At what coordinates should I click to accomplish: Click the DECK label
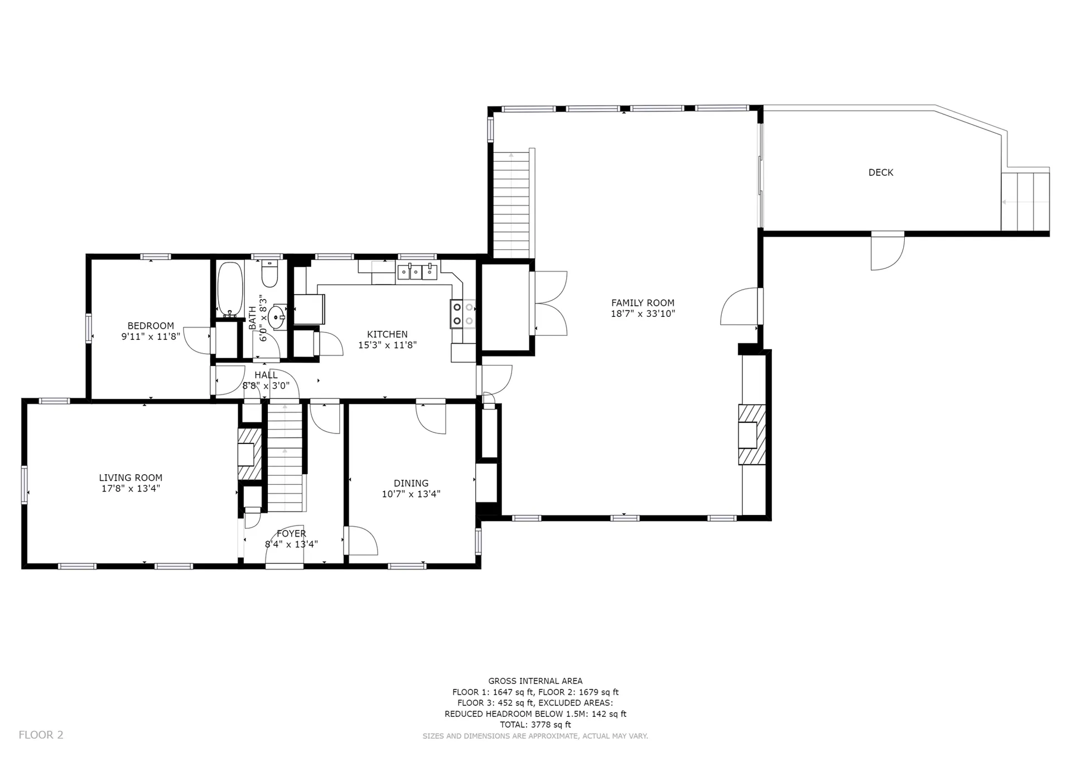pos(881,173)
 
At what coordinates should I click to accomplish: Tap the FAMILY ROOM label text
pos(643,303)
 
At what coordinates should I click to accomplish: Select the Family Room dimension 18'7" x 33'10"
pos(643,314)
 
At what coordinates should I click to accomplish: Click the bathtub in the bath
pos(230,289)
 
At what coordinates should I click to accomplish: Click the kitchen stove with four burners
pos(463,314)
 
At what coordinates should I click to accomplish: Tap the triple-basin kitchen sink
pos(417,272)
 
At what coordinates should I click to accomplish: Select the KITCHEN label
pos(387,335)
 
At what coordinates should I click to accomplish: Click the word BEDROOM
pos(151,326)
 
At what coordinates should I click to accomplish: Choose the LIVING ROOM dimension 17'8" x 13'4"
pos(131,489)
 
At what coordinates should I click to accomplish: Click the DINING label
pos(411,484)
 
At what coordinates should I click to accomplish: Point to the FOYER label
pos(291,534)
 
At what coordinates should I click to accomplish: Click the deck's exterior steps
pos(1025,202)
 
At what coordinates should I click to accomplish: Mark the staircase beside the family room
pos(512,205)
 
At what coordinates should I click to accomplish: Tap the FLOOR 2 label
pos(41,735)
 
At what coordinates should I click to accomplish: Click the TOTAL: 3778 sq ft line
pos(535,725)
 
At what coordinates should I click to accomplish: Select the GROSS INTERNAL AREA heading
pos(535,681)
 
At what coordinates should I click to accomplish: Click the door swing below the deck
pos(887,252)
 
